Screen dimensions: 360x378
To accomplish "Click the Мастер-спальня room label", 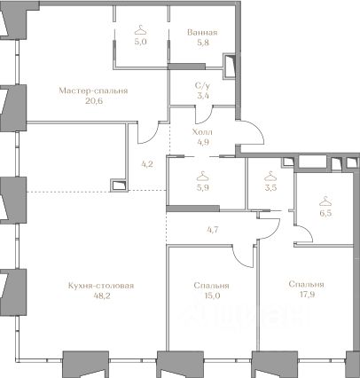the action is pos(93,91).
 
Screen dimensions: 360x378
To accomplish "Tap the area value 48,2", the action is pos(101,295).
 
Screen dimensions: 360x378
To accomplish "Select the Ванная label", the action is pos(202,32).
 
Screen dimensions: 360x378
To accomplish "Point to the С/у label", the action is pos(202,86).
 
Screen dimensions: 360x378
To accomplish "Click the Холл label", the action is pos(202,132).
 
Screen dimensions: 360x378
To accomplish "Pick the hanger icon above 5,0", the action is pos(141,30).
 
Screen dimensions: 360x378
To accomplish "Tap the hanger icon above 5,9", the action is pos(203,176).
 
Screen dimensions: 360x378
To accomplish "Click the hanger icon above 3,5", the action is pos(270,177).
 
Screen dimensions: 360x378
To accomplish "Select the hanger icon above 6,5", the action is pos(325,201).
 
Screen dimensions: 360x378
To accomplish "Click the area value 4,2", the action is pos(147,164).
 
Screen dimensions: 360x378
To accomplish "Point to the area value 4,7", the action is pos(213,229).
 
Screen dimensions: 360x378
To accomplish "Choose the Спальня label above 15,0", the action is pos(211,286).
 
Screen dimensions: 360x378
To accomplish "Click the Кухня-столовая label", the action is pos(101,286).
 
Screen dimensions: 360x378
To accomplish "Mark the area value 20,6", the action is pos(93,101).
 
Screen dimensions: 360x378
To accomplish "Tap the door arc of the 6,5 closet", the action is pos(308,232).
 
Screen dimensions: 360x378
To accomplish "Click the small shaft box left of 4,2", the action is pos(119,185).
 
